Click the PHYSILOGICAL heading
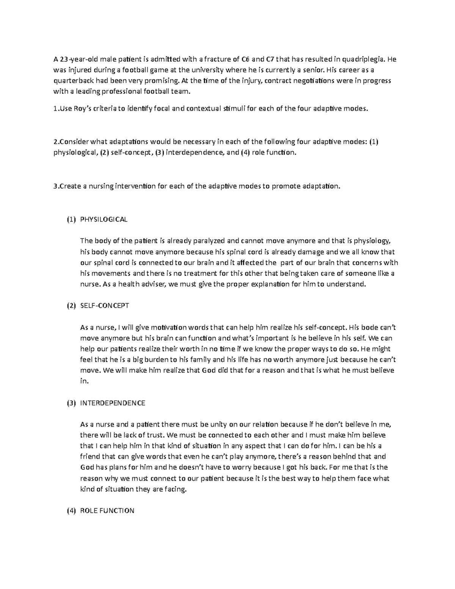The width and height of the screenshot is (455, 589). pyautogui.click(x=104, y=220)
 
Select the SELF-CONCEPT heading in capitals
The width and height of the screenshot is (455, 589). pyautogui.click(x=105, y=306)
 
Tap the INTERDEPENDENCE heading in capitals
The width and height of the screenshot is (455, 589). pyautogui.click(x=113, y=403)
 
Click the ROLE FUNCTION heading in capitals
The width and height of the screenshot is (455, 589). pyautogui.click(x=107, y=511)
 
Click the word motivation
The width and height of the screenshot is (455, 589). pyautogui.click(x=170, y=327)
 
